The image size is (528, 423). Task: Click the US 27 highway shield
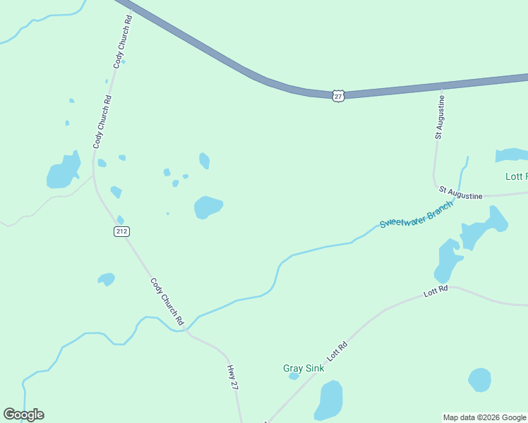(x=339, y=95)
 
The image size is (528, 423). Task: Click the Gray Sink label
(x=304, y=368)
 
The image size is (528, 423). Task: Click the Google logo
(x=23, y=415)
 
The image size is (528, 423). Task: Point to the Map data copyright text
(x=484, y=417)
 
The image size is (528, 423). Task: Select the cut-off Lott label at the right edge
(x=516, y=176)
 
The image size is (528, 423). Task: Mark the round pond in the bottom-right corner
(x=479, y=380)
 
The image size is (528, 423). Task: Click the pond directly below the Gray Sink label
(x=328, y=399)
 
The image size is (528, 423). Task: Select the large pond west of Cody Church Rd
(x=63, y=171)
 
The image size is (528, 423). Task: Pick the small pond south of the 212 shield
(x=107, y=279)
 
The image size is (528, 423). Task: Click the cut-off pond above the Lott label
(x=512, y=155)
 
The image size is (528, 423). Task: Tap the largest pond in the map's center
(x=208, y=207)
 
